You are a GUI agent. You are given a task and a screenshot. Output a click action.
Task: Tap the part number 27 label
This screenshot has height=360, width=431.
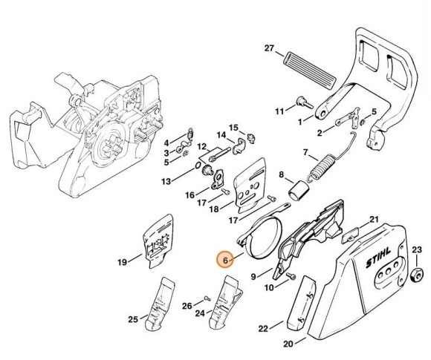click(x=270, y=48)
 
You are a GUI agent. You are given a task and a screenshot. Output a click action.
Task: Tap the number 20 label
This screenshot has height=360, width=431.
click(x=289, y=343)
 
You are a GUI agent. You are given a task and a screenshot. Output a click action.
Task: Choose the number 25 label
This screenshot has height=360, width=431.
click(x=132, y=320)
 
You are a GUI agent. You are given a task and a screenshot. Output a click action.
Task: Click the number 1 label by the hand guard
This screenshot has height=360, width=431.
click(x=299, y=121)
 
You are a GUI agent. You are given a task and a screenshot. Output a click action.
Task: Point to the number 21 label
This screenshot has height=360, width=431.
click(x=374, y=219)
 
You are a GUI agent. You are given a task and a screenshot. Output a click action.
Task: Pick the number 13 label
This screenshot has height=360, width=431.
click(x=166, y=181)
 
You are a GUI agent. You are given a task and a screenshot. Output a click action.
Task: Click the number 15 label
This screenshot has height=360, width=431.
click(x=233, y=127)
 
